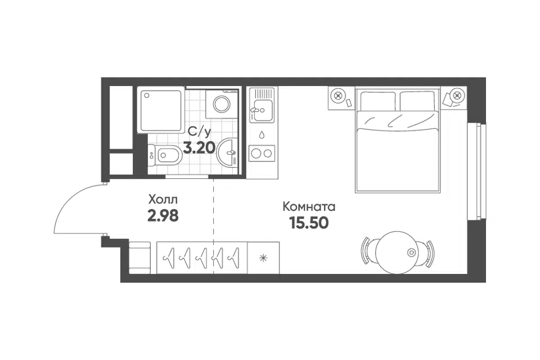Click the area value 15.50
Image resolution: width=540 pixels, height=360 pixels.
click(x=309, y=223)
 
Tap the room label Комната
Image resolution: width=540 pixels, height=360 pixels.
click(x=309, y=206)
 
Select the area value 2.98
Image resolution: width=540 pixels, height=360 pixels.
click(x=163, y=216)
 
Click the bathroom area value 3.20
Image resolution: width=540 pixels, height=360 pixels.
click(x=199, y=148)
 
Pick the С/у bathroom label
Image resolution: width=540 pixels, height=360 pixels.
click(x=199, y=132)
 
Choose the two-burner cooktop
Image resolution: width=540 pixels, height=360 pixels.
click(x=262, y=154)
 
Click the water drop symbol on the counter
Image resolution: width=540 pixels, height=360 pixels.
click(x=262, y=134)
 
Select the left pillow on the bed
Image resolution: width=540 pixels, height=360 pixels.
click(x=378, y=101)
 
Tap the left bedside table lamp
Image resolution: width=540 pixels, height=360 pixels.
click(x=339, y=94)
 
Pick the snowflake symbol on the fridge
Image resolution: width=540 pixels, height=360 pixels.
click(x=263, y=258)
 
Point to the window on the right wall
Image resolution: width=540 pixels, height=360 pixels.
click(x=478, y=170)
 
